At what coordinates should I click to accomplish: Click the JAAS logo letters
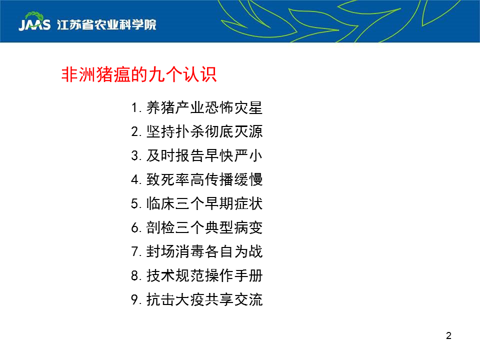(x=34, y=25)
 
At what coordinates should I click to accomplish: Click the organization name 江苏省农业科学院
(x=106, y=25)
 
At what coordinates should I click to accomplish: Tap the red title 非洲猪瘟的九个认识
(x=139, y=74)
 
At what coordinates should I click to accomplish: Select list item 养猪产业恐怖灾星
(x=204, y=108)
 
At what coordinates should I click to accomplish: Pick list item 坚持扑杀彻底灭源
(x=204, y=131)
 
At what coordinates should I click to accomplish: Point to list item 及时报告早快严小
(x=204, y=155)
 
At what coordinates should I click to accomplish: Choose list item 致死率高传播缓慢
(x=204, y=179)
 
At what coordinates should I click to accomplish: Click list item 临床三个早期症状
(x=204, y=203)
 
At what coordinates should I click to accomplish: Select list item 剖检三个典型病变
(x=204, y=227)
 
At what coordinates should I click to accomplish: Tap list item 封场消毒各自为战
(x=204, y=251)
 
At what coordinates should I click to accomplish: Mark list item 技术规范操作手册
(x=204, y=275)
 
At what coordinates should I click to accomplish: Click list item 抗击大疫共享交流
(x=204, y=299)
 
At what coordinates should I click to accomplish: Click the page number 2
(x=449, y=336)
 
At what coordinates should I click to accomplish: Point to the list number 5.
(x=135, y=204)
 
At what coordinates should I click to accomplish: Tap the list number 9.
(x=135, y=299)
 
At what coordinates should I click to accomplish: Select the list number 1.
(x=134, y=108)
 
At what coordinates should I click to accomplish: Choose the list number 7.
(x=135, y=251)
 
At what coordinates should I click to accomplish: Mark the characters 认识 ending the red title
(x=200, y=74)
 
